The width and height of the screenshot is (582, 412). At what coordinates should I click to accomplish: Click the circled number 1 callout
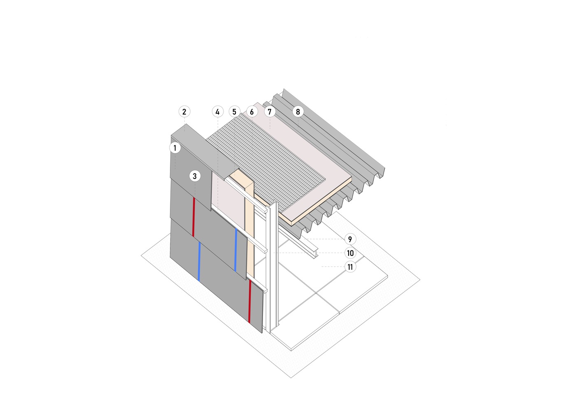(x=175, y=148)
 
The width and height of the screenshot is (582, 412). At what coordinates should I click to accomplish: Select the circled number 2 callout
(x=184, y=112)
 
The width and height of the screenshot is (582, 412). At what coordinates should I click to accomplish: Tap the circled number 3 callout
(x=195, y=176)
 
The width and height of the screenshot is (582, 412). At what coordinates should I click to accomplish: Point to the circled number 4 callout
(x=217, y=112)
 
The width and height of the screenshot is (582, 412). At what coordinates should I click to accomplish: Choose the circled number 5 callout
(x=234, y=112)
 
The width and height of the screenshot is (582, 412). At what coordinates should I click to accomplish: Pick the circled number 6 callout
(x=251, y=112)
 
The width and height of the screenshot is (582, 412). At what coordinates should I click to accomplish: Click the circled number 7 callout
(x=270, y=112)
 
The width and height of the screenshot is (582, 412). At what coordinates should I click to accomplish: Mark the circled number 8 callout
(x=298, y=112)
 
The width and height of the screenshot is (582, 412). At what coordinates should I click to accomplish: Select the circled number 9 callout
(x=350, y=239)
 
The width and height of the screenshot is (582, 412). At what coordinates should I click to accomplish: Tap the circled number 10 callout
(x=350, y=253)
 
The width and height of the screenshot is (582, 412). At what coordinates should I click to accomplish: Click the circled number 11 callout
(x=350, y=267)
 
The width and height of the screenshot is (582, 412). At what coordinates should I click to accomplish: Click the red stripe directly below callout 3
(x=193, y=217)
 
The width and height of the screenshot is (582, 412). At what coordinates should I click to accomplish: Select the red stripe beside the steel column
(x=250, y=301)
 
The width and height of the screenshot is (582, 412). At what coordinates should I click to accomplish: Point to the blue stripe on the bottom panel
(x=199, y=261)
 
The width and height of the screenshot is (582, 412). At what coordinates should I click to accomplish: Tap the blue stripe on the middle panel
(x=236, y=249)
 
